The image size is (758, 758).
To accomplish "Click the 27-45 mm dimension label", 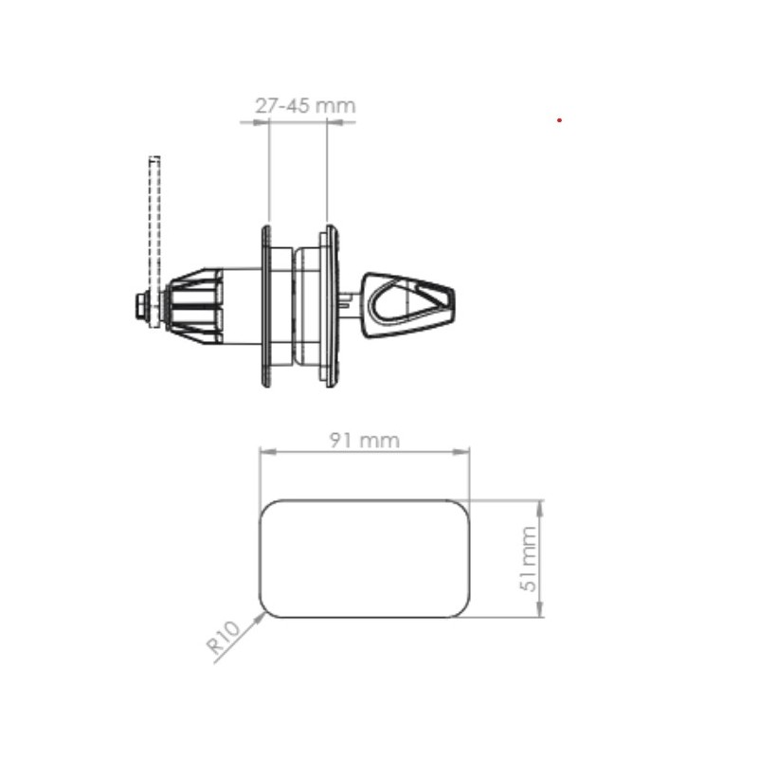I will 305,105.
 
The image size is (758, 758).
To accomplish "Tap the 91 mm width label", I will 365,441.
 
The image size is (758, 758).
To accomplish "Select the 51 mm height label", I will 529,559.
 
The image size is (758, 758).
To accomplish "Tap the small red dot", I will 560,120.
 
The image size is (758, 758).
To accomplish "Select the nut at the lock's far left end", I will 140,305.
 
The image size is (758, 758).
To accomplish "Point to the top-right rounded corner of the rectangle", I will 463,507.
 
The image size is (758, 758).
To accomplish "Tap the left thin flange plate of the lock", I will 266,305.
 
